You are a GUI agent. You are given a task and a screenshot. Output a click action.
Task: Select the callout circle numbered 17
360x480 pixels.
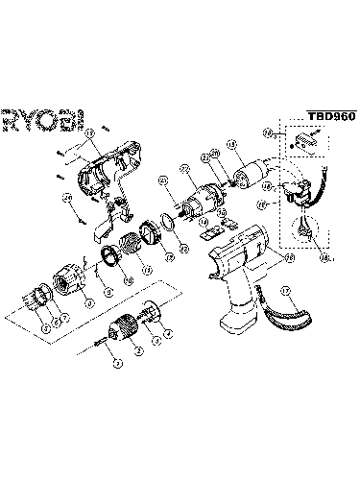point(285,290)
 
